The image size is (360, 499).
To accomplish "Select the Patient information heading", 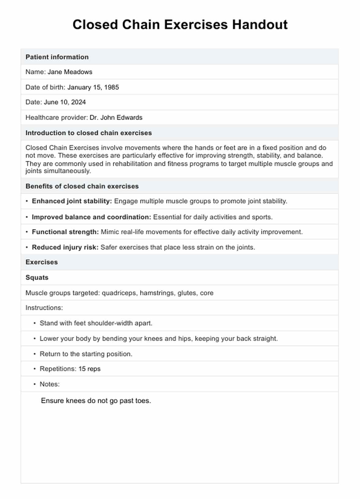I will pos(57,57).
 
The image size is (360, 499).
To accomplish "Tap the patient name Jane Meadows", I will pos(70,72).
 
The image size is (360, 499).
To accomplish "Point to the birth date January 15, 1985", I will pos(93,87).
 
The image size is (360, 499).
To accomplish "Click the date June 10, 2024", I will pos(65,102).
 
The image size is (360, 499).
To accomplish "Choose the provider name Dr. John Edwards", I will pos(116,118).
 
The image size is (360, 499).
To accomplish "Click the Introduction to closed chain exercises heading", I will pos(88,133).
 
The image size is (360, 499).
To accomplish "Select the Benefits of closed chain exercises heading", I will pos(82,186).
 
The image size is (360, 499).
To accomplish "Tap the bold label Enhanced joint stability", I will pos(72,201).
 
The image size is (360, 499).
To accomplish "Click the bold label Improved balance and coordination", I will pos(91,217).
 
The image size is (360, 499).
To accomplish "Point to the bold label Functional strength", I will pos(65,232).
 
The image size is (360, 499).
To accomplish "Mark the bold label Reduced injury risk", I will pos(65,247).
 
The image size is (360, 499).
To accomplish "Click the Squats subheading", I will pos(37,278).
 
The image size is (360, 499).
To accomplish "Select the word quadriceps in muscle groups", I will pos(119,293).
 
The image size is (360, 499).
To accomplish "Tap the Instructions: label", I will pos(44,308).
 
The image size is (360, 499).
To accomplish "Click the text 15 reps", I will pos(89,369).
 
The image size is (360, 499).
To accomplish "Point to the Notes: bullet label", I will pos(50,384).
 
